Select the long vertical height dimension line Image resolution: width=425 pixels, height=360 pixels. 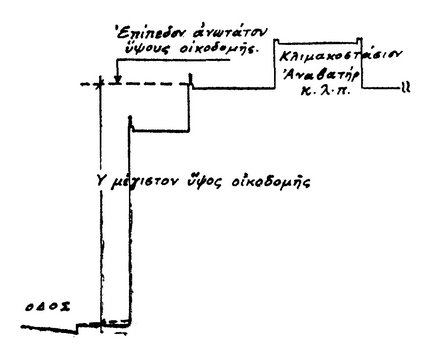click(x=100, y=200)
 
